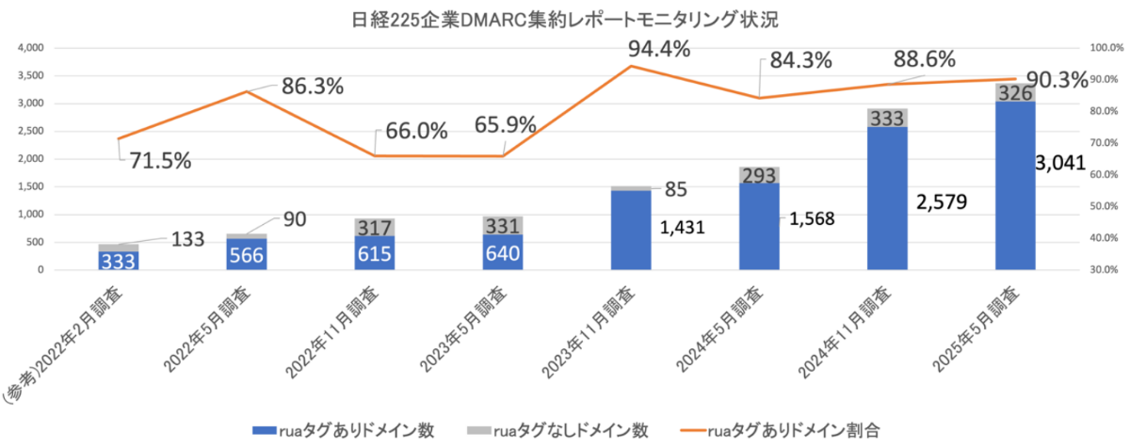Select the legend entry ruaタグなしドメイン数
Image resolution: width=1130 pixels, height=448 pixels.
[x=558, y=429]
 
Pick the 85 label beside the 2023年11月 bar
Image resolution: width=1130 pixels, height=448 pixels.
[x=677, y=188]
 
